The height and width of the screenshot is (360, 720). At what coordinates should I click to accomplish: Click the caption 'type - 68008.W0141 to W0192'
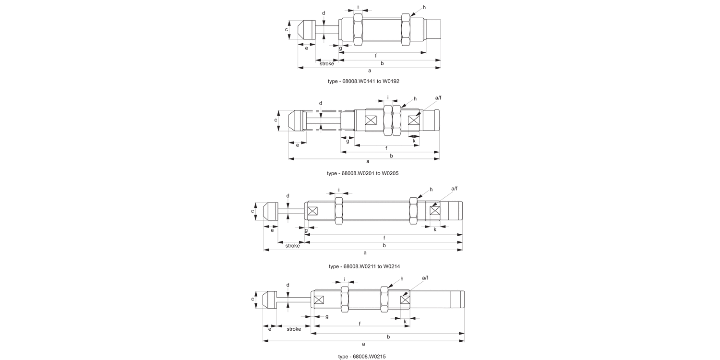click(363, 81)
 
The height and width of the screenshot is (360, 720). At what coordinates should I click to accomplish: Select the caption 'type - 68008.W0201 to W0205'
click(362, 173)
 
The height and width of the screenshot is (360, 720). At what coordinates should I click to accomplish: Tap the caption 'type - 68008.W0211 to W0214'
click(364, 266)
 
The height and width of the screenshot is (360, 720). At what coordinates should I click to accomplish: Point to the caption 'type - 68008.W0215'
click(362, 357)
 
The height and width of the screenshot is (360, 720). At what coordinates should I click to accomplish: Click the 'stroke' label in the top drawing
click(327, 63)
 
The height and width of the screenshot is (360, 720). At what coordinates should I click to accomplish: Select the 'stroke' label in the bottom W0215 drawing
click(294, 329)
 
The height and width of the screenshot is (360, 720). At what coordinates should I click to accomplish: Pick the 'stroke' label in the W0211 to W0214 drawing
click(293, 246)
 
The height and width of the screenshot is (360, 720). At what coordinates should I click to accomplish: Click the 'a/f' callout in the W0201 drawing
click(438, 98)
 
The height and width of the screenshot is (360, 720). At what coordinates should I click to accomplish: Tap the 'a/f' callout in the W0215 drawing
click(425, 278)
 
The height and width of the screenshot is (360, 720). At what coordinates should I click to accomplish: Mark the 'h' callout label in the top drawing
click(424, 8)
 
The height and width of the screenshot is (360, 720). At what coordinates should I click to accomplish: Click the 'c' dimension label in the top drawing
click(287, 29)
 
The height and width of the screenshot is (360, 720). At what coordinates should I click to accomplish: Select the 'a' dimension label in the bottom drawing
click(363, 344)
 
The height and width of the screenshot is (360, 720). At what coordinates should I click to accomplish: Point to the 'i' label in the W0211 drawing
click(339, 190)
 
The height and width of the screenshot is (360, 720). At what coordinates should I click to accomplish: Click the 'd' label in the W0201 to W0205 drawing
click(321, 103)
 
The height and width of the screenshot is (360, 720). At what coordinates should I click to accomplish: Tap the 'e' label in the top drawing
click(306, 48)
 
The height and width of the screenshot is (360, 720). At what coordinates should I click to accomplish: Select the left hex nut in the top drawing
click(358, 30)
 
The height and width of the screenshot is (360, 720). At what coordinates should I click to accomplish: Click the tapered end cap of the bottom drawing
click(269, 300)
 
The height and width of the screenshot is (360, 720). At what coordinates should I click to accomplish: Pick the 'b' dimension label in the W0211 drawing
click(384, 245)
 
